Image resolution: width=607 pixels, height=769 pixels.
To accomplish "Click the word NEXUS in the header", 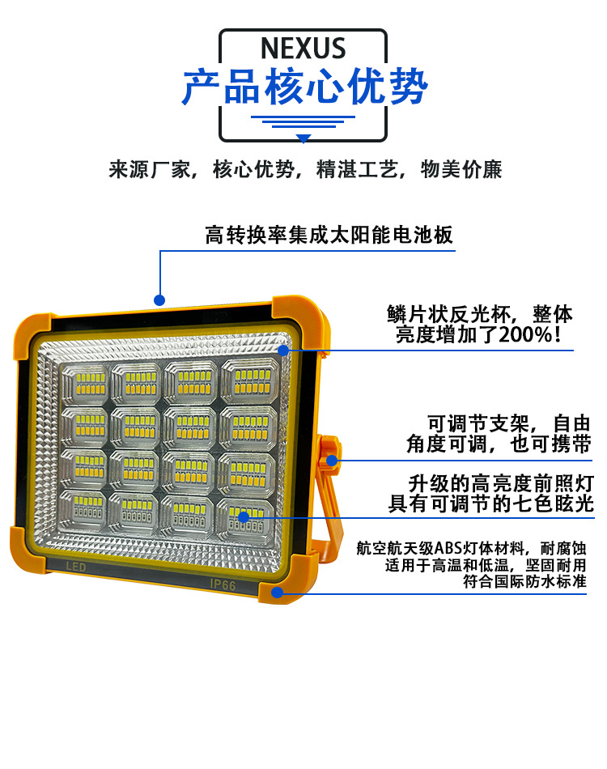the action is (x=303, y=49).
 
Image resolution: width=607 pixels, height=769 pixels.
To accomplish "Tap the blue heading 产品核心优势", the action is (x=303, y=87).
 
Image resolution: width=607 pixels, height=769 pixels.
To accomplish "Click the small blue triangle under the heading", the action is (x=303, y=138).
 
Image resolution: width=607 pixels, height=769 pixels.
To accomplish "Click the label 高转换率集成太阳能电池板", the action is (x=329, y=236).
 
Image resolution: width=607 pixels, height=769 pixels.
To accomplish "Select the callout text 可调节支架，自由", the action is (x=510, y=423).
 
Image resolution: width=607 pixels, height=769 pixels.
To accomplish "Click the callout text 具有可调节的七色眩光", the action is (x=490, y=504).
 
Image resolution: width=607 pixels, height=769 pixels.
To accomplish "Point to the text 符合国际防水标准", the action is (x=524, y=581).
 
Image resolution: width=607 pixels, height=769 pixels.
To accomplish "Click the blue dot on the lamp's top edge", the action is (x=159, y=300).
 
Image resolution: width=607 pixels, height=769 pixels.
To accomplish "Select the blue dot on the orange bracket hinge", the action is (x=332, y=461).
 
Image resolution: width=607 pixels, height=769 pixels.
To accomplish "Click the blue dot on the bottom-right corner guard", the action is (x=278, y=592).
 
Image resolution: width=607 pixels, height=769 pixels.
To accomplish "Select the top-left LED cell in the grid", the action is (x=85, y=381).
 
